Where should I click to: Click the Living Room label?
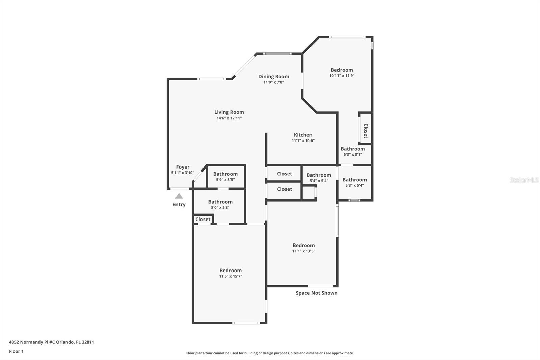click(229, 112)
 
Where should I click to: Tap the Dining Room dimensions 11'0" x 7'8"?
click(273, 82)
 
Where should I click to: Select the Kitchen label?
click(303, 135)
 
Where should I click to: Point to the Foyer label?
click(183, 167)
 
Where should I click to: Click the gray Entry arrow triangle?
click(179, 196)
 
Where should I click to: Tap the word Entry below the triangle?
click(179, 204)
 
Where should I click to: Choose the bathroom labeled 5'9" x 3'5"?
click(225, 177)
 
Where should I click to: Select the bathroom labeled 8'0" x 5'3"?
click(220, 204)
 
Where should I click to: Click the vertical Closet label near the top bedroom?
click(366, 131)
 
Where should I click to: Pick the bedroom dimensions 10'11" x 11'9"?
click(342, 76)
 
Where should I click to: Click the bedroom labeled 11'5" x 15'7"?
click(231, 273)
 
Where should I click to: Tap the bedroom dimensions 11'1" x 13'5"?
click(303, 251)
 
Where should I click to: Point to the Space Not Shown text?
click(317, 293)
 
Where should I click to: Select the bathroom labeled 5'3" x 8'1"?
click(353, 151)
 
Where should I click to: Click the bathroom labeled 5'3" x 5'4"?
click(354, 182)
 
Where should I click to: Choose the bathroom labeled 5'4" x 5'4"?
click(319, 178)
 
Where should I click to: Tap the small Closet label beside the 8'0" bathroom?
click(203, 220)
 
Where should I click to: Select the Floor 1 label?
click(16, 351)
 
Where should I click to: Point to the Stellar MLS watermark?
click(524, 180)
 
